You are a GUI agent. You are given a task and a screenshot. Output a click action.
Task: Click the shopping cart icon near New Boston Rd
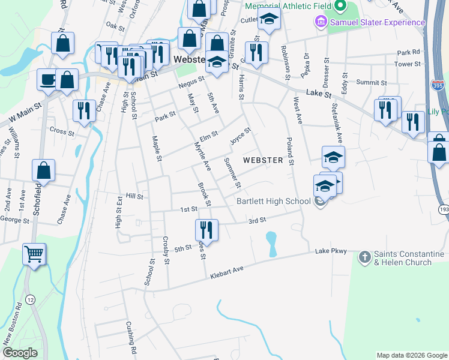point(34,254)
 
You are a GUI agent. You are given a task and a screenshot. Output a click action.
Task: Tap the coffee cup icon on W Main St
point(48,80)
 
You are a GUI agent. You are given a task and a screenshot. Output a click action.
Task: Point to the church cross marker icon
point(364,257)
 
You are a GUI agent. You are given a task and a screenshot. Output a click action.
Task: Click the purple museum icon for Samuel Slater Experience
point(320,22)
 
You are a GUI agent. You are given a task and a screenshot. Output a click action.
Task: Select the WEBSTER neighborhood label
point(263,160)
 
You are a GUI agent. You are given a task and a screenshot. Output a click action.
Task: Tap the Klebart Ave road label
point(226,273)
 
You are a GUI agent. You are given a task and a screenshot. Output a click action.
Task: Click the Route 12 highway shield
point(30,299)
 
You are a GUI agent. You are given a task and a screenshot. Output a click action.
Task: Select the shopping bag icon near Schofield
point(44,170)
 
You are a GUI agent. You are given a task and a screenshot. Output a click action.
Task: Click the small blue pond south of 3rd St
point(271,244)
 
